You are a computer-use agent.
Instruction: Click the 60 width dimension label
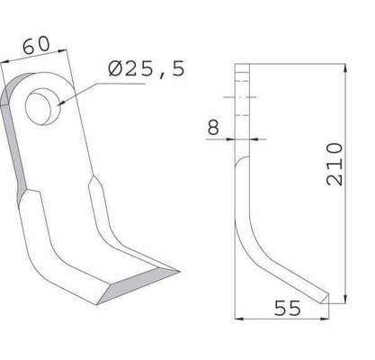36,45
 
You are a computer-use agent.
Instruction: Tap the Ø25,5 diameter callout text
147,69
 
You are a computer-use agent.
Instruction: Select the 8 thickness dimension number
213,127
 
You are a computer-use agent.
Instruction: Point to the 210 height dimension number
335,164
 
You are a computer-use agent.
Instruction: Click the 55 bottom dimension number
287,308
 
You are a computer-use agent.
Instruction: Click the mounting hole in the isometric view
43,106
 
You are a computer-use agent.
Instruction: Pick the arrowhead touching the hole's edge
61,103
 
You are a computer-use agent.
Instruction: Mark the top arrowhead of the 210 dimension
345,67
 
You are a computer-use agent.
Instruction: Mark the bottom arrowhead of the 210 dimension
345,299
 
